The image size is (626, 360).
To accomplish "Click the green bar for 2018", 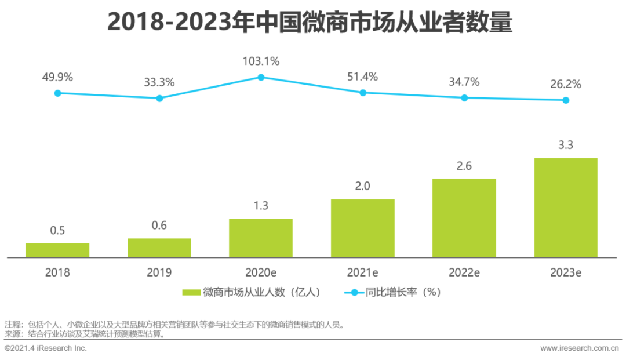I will click(57, 250).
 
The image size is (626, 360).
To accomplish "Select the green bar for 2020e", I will click(261, 238).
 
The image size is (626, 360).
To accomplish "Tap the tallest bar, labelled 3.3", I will click(566, 207).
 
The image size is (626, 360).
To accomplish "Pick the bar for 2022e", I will click(464, 217).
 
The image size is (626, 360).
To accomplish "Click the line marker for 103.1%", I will click(261, 77).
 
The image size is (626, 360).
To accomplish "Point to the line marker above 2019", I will click(159, 98).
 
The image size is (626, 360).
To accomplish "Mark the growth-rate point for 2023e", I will click(566, 100).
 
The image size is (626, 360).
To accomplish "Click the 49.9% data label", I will click(57, 77).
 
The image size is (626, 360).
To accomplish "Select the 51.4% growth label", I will click(362, 77).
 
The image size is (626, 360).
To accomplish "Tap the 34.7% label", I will click(464, 82).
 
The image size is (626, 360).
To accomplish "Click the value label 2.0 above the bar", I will click(362, 186).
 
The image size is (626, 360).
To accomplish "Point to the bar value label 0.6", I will click(159, 226).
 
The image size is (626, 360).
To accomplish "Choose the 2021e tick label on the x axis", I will click(362, 272).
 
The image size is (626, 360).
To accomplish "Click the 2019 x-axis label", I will click(159, 272).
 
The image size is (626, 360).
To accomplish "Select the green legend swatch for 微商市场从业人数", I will click(191, 293).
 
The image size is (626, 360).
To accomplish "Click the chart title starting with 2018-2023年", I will click(310, 23).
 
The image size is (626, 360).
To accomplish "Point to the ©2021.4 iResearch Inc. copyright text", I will click(45, 348).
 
